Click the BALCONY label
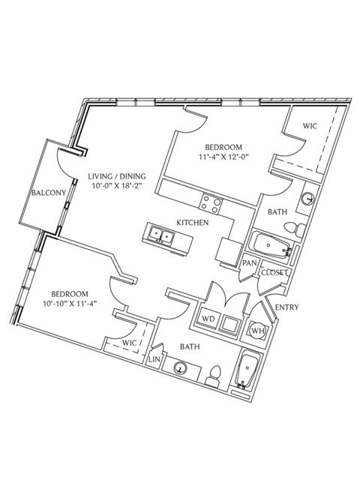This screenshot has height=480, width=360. tap(49, 193)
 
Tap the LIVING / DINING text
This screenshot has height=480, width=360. tap(116, 177)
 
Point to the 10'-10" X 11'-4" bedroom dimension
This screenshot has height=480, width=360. tap(70, 304)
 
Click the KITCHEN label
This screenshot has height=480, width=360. tap(192, 223)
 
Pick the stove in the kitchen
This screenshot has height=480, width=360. tap(211, 200)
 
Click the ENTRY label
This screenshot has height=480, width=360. tap(287, 307)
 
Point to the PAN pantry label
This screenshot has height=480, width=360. tap(250, 263)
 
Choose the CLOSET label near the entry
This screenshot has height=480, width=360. tap(272, 272)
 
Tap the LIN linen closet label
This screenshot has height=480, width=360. tap(156, 359)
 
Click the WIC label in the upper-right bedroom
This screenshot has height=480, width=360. tap(310, 126)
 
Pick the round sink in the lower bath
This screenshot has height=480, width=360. tap(180, 368)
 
